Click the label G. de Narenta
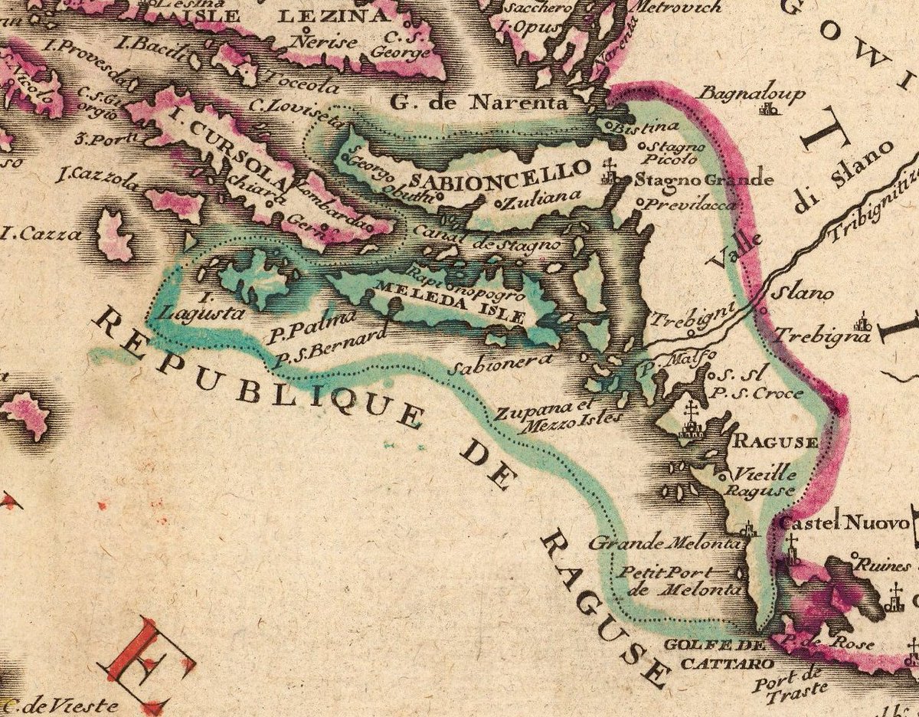pyautogui.click(x=480, y=102)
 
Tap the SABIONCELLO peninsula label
pyautogui.click(x=501, y=175)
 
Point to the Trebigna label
pyautogui.click(x=821, y=336)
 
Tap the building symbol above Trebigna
pyautogui.click(x=863, y=322)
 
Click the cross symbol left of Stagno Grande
pyautogui.click(x=610, y=173)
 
